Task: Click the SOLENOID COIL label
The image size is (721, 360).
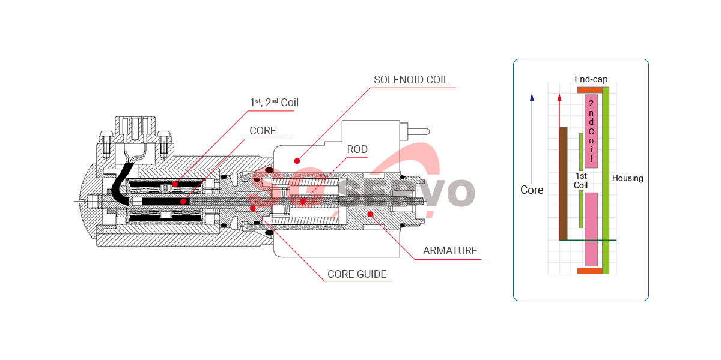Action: click(411, 80)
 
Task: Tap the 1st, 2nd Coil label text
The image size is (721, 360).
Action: click(274, 102)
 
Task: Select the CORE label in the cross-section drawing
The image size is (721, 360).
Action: click(263, 131)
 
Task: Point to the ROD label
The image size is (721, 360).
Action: click(357, 149)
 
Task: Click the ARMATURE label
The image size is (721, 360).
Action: click(450, 251)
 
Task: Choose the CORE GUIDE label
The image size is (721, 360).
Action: click(357, 274)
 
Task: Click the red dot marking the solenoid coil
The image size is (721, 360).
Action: click(297, 161)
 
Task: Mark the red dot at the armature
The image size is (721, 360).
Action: click(371, 214)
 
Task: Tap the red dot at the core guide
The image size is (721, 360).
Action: click(253, 209)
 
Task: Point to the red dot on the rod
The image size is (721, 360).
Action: click(303, 202)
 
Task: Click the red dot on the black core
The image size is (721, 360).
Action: click(183, 202)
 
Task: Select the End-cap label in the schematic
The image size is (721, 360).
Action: click(591, 79)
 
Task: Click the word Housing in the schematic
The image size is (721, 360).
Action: click(627, 178)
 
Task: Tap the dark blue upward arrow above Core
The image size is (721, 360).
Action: click(532, 139)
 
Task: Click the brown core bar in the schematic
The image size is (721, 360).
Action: click(564, 183)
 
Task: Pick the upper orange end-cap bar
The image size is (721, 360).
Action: click(589, 90)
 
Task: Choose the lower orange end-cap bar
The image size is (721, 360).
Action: click(589, 271)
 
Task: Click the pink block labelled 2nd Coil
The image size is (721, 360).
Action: click(591, 131)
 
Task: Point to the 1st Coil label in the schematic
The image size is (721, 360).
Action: click(581, 181)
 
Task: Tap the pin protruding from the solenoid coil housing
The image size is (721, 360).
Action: click(418, 131)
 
